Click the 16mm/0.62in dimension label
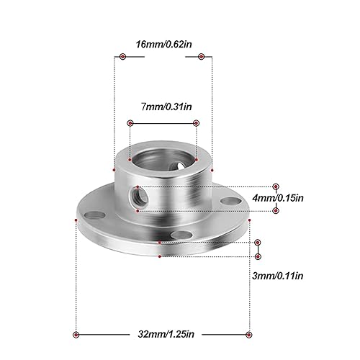click(163, 44)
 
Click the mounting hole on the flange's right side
click(229, 201)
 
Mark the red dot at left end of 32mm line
click(76, 333)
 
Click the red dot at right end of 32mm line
click(249, 333)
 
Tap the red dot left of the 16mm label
click(122, 55)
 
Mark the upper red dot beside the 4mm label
click(276, 186)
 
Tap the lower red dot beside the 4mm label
click(276, 210)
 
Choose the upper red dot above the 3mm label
click(258, 243)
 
